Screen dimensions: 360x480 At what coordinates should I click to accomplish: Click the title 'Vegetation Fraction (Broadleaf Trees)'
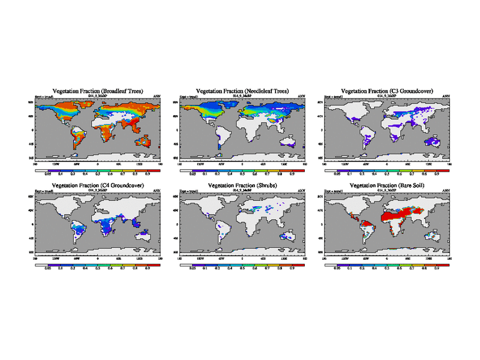[x=98, y=91]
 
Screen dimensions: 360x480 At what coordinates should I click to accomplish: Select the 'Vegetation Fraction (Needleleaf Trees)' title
[x=242, y=91]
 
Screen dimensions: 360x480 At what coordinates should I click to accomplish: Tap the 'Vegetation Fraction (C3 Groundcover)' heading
[x=387, y=91]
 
